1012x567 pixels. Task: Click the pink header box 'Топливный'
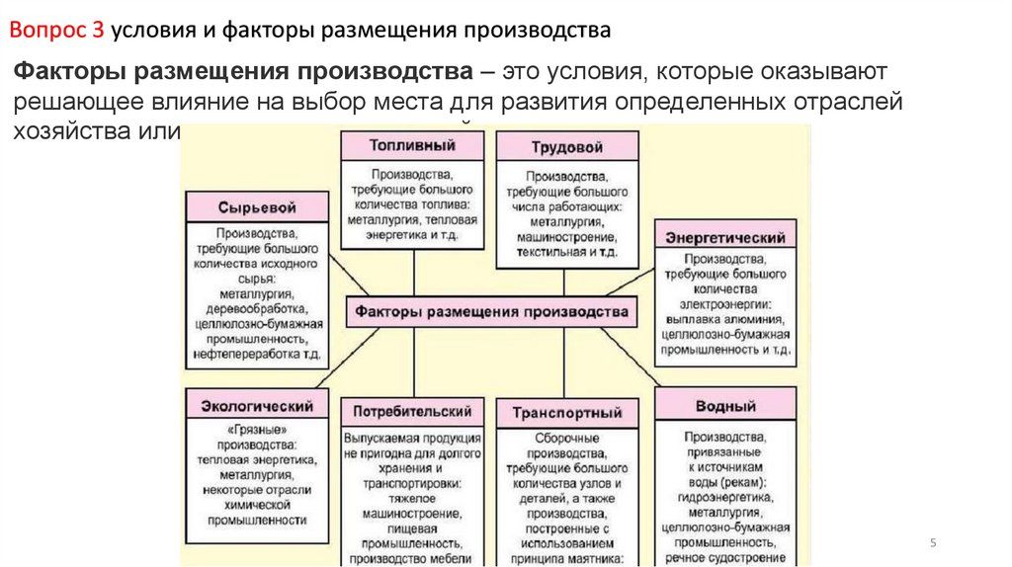click(412, 145)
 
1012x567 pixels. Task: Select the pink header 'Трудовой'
click(565, 147)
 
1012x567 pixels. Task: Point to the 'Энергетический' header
click(724, 237)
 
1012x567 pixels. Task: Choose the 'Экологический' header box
click(256, 405)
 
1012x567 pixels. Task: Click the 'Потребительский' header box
click(412, 411)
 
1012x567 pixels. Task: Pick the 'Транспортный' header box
click(566, 413)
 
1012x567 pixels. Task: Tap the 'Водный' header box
click(724, 405)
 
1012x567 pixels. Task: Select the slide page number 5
click(933, 542)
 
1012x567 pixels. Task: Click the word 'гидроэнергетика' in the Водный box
click(724, 497)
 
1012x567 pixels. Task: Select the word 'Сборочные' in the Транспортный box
click(566, 437)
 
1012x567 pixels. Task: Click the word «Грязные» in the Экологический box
click(256, 431)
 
